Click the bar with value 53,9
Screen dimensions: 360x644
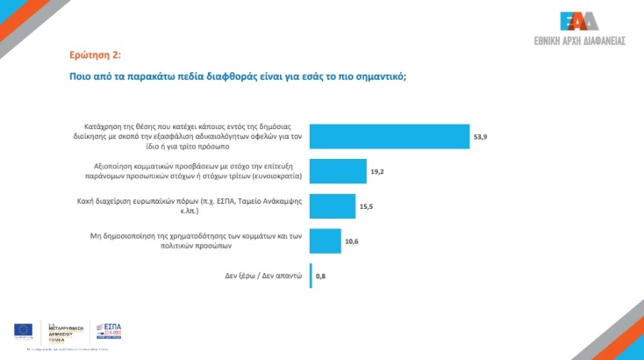click(390, 136)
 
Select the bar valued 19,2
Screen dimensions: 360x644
click(338, 171)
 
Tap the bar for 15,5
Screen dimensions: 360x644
click(333, 205)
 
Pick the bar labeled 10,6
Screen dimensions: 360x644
click(326, 241)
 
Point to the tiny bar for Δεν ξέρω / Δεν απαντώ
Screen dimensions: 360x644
click(311, 276)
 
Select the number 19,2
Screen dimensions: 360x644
click(377, 172)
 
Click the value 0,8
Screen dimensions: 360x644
click(321, 277)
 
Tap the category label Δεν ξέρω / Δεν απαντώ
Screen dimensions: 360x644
click(261, 276)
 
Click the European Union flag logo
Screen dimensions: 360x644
click(24, 330)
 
